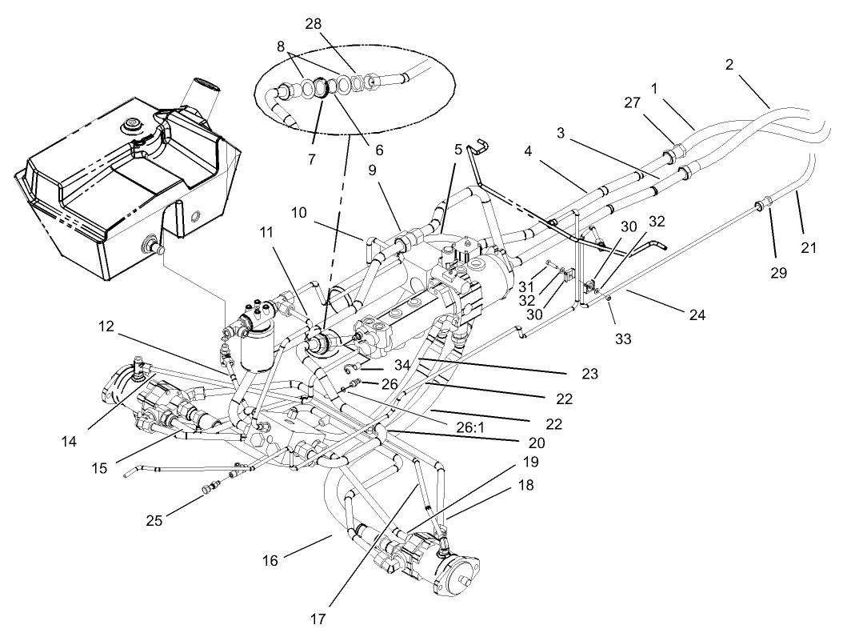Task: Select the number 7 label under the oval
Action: pyautogui.click(x=311, y=160)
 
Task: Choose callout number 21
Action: pyautogui.click(x=809, y=247)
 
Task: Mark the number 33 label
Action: pyautogui.click(x=623, y=339)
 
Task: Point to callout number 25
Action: pyautogui.click(x=154, y=521)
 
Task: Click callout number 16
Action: pyautogui.click(x=270, y=561)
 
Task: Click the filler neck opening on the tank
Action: pyautogui.click(x=203, y=83)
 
